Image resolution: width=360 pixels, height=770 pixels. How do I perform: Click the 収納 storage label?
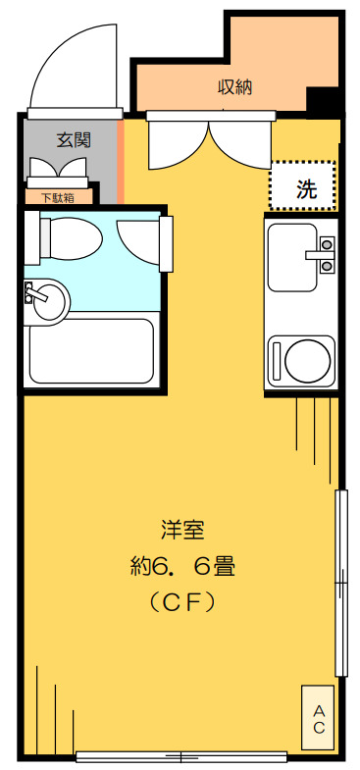click(x=234, y=86)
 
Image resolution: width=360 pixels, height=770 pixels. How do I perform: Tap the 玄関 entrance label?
click(x=73, y=139)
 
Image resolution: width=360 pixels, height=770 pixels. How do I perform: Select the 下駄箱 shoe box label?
click(x=59, y=197)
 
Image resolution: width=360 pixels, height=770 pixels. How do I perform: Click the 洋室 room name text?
click(x=181, y=530)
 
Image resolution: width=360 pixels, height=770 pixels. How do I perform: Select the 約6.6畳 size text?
click(x=181, y=566)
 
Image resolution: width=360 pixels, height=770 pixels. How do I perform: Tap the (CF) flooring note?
click(x=181, y=601)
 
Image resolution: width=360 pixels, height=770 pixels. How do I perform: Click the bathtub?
click(x=90, y=350)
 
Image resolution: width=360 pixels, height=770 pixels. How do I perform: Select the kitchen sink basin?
click(x=292, y=257)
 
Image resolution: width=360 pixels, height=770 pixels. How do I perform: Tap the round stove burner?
click(x=305, y=360)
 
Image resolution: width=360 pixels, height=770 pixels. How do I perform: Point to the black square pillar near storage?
click(x=321, y=101)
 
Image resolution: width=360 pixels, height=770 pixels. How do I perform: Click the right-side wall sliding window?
click(x=341, y=583)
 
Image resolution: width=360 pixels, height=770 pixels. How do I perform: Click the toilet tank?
click(x=44, y=236)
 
